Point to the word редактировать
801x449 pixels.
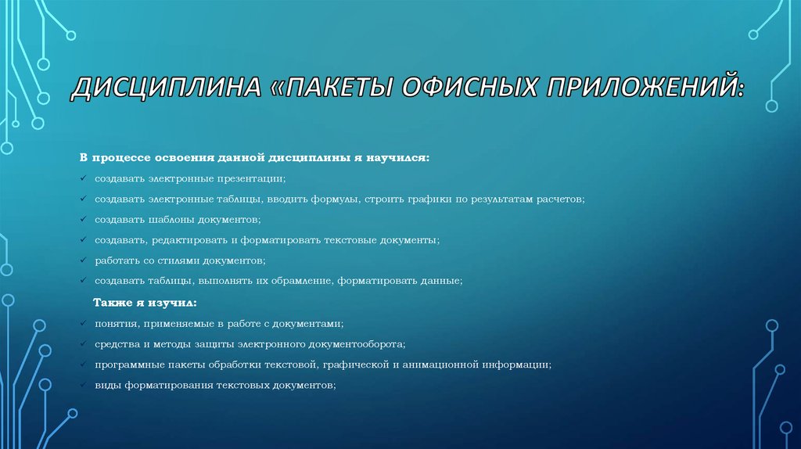(x=191, y=240)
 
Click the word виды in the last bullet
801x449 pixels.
(x=106, y=384)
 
